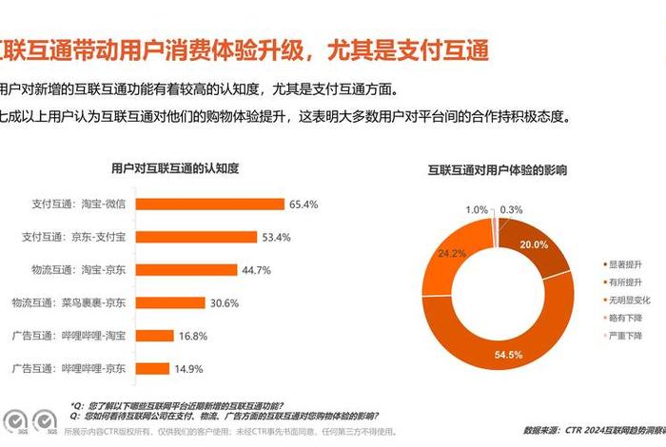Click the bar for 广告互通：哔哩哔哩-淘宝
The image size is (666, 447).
[x=157, y=336]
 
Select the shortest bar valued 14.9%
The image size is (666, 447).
[x=156, y=368]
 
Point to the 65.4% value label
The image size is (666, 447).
[x=304, y=204]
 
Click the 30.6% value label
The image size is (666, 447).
[x=225, y=302]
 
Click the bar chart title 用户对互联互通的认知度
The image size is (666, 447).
[x=175, y=168]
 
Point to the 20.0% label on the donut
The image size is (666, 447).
[x=534, y=244]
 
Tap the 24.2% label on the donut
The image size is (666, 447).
[x=451, y=254]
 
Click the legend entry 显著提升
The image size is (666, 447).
[x=625, y=263]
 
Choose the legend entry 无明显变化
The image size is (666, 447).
[x=628, y=300]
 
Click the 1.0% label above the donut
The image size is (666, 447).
[x=477, y=209]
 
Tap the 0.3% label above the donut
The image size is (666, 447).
[x=511, y=209]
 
